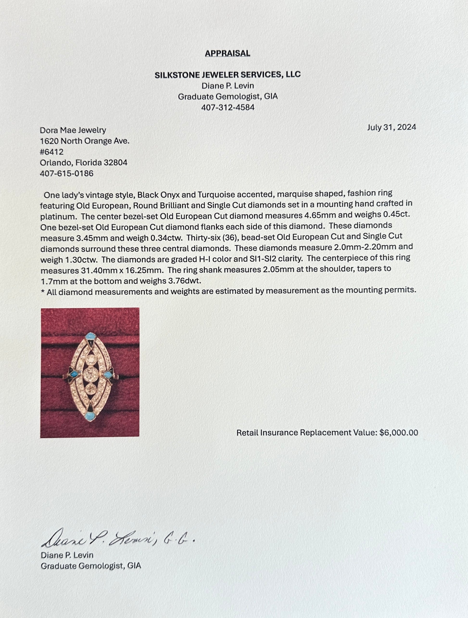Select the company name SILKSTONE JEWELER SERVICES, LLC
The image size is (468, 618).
[x=228, y=75]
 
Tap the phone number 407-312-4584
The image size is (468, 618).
[x=228, y=107]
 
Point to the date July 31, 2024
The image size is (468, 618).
[x=391, y=127]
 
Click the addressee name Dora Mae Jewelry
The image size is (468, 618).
[x=73, y=130]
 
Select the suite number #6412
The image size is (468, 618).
[x=52, y=152]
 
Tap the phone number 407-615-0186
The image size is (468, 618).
[x=67, y=174]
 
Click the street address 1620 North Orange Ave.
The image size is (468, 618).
[x=85, y=141]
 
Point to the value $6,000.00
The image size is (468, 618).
[x=398, y=433]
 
